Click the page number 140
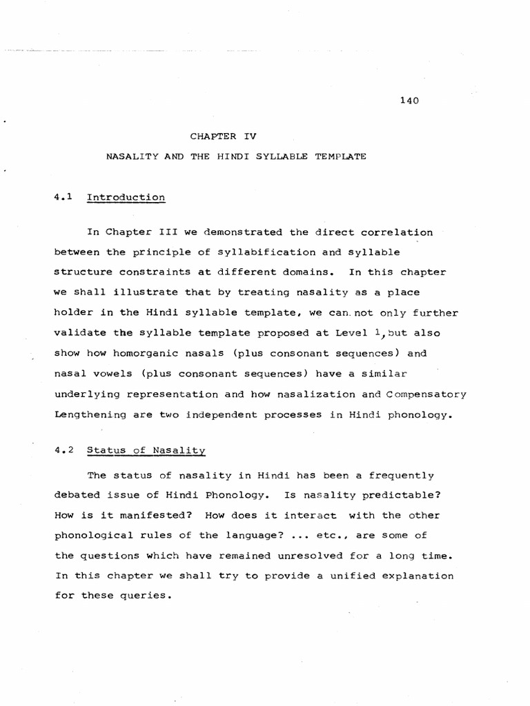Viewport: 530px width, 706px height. point(410,101)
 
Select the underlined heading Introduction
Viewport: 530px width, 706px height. point(126,197)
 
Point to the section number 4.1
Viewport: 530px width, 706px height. point(63,197)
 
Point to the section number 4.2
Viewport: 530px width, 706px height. point(63,450)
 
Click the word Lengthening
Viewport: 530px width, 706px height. point(90,414)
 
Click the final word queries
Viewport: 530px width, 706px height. point(144,596)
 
